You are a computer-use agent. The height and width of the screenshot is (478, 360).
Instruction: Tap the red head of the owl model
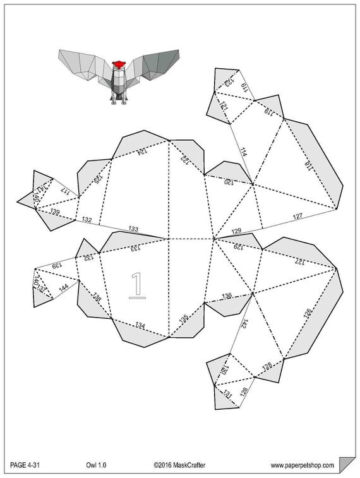(x=117, y=64)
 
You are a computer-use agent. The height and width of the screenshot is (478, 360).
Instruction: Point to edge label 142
(x=243, y=324)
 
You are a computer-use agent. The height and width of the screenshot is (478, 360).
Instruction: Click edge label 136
(x=227, y=296)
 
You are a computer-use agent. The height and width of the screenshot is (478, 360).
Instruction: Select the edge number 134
(x=140, y=326)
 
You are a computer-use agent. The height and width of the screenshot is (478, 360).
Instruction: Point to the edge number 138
(x=97, y=297)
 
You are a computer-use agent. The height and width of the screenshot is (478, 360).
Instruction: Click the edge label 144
(x=63, y=289)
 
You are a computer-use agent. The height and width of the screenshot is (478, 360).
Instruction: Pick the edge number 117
(x=64, y=189)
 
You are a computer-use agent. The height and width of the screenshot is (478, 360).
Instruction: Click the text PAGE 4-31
(x=27, y=465)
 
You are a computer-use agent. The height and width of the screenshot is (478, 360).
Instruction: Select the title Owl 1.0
(x=96, y=465)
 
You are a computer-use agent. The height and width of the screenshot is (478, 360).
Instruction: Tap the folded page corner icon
(x=346, y=464)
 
